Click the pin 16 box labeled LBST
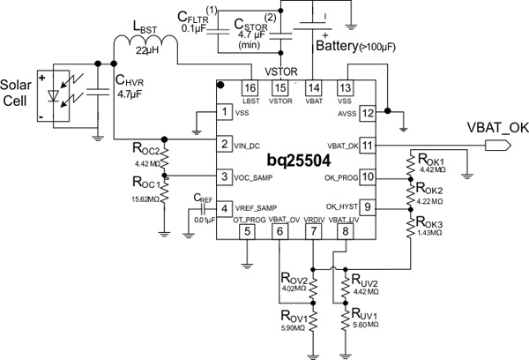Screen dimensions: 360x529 (x=250, y=88)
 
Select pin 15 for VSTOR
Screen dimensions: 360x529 (x=281, y=88)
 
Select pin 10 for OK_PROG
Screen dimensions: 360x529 (x=369, y=176)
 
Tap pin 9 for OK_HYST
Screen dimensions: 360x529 (x=369, y=208)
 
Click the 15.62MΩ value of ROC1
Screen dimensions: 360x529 (x=145, y=200)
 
